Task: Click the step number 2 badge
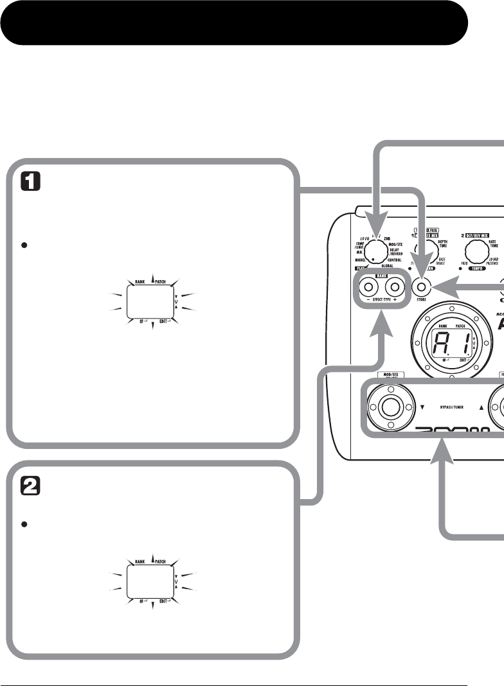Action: (32, 487)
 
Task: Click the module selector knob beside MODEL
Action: (379, 251)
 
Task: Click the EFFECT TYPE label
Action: (382, 300)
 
